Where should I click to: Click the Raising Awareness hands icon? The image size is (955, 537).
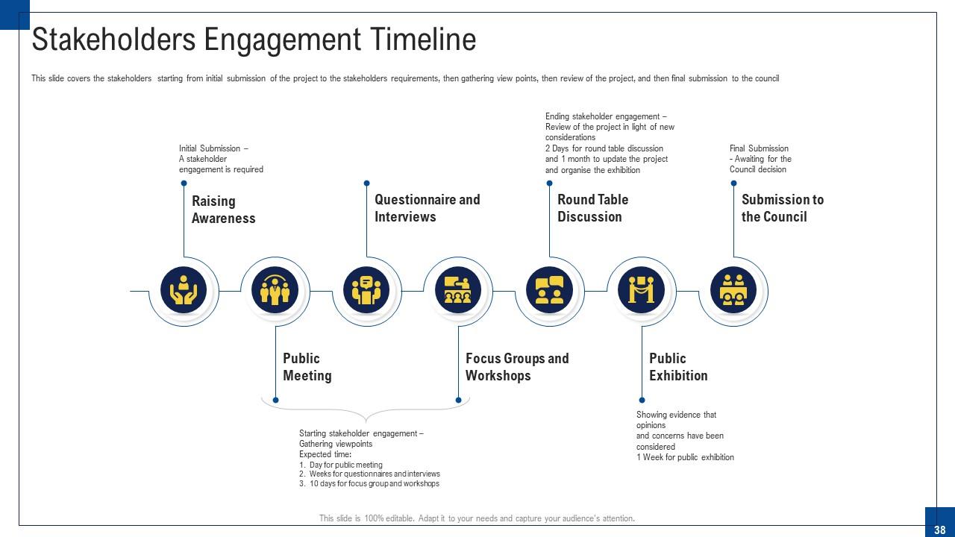pyautogui.click(x=184, y=290)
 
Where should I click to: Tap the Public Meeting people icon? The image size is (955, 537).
pyautogui.click(x=275, y=290)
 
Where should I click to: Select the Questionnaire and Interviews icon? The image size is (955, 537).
pyautogui.click(x=366, y=290)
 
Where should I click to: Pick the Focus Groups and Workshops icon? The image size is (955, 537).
pyautogui.click(x=458, y=290)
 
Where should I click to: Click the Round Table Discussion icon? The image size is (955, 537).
pyautogui.click(x=550, y=290)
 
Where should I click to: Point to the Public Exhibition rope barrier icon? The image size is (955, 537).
pyautogui.click(x=642, y=290)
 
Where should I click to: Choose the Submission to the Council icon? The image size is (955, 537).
pyautogui.click(x=733, y=290)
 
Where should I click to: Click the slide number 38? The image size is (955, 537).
pyautogui.click(x=939, y=529)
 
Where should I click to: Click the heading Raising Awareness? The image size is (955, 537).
pyautogui.click(x=223, y=210)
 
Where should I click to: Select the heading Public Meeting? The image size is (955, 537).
pyautogui.click(x=307, y=367)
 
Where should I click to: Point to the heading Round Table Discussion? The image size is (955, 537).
pyautogui.click(x=592, y=208)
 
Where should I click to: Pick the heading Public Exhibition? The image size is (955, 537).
pyautogui.click(x=678, y=367)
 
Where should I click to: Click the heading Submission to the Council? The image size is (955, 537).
pyautogui.click(x=782, y=208)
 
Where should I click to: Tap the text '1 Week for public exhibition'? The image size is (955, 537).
pyautogui.click(x=685, y=457)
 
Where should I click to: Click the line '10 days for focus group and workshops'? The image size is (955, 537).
pyautogui.click(x=374, y=484)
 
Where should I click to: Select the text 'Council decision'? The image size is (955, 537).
pyautogui.click(x=758, y=169)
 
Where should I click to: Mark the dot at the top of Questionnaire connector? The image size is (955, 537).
pyautogui.click(x=366, y=183)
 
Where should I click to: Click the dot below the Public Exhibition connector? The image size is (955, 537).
pyautogui.click(x=642, y=400)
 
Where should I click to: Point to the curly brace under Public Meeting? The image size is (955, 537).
pyautogui.click(x=366, y=412)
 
